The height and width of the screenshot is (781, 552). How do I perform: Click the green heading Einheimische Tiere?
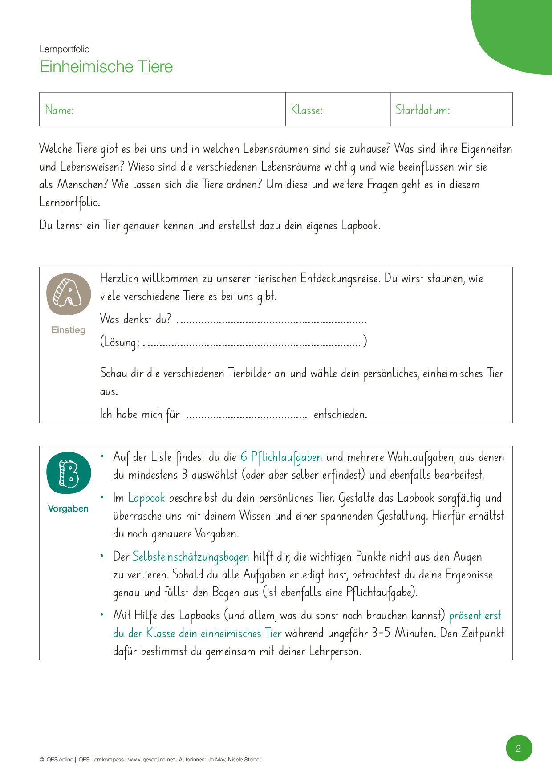pos(106,67)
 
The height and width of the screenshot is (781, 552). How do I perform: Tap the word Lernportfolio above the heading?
pos(65,49)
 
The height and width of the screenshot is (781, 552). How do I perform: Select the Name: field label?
pos(60,110)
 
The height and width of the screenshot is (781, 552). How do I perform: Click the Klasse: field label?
pos(307,110)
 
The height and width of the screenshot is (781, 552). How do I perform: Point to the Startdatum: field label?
pos(422,110)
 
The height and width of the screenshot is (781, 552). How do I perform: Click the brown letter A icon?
pos(69,294)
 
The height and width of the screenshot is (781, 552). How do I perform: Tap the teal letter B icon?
pos(69,473)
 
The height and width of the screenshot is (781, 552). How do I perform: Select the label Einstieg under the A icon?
pos(68,330)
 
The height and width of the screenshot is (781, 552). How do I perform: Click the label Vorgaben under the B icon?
pos(68,508)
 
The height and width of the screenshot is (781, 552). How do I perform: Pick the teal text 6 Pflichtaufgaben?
pos(281,457)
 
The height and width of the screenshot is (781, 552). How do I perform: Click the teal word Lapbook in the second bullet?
pos(146,498)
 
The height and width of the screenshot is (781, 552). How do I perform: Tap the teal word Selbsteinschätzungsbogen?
pos(191,557)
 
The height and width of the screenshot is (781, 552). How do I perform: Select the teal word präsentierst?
pos(475,616)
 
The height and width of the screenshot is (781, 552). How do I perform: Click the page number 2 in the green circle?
pos(519,748)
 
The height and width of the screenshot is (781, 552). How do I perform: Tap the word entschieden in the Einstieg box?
pos(340,415)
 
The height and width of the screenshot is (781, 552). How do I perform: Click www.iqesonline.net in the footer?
pos(151,760)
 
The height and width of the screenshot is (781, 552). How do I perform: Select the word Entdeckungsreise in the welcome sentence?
pos(340,279)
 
